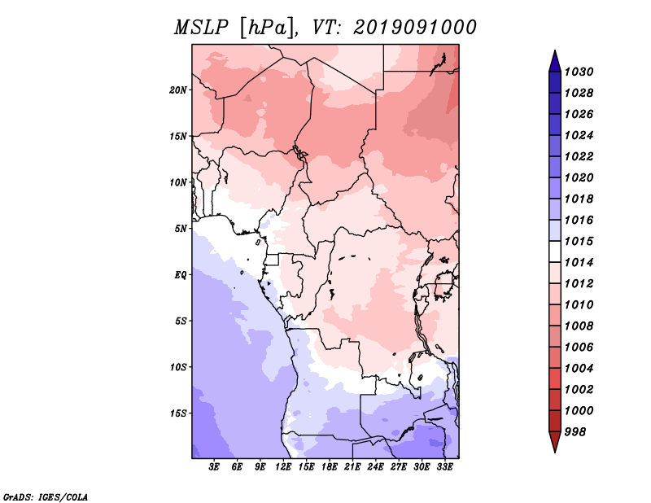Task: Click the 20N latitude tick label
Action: pos(178,90)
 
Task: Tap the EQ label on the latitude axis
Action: pos(181,275)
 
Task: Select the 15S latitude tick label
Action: pos(178,413)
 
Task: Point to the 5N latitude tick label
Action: pos(181,229)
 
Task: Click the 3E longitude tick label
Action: pos(214,467)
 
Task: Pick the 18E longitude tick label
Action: pos(330,467)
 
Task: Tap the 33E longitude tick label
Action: pos(444,467)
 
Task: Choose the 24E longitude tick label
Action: pos(375,467)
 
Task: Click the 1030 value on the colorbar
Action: pos(579,72)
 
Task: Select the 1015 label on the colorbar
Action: pos(579,241)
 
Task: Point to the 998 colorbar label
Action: pos(575,432)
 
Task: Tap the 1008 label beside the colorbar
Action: pos(579,326)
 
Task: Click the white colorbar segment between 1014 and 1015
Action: pos(555,251)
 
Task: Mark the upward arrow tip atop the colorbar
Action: pos(555,50)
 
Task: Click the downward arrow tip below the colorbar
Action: pos(555,452)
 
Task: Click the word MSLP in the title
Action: pos(201,28)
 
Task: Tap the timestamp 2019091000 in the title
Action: pos(415,28)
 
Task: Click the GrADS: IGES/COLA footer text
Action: pos(46,497)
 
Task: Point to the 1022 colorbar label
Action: pos(579,156)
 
